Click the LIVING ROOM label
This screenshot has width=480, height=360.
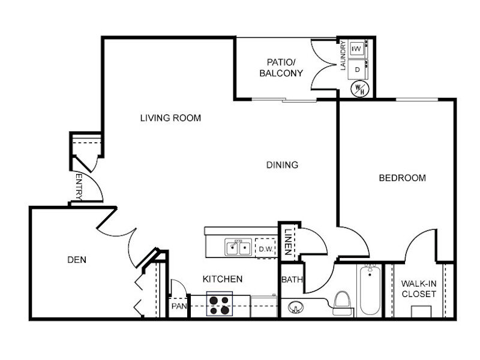(x=170, y=118)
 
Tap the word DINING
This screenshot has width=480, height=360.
(x=282, y=165)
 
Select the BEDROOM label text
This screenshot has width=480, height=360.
(x=402, y=178)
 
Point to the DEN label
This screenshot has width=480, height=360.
(x=77, y=260)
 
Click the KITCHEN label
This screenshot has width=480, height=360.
(x=223, y=279)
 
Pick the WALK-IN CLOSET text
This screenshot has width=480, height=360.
(x=419, y=289)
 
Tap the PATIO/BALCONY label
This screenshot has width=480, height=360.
(x=281, y=68)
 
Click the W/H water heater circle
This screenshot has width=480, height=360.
(x=359, y=89)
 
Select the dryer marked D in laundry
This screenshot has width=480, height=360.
(x=358, y=70)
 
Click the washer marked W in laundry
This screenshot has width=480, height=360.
(x=358, y=49)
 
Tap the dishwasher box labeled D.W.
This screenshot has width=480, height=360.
(x=266, y=248)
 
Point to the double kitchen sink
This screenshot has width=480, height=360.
(x=238, y=247)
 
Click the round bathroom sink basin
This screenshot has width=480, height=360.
(x=296, y=307)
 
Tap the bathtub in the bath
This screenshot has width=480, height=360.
(x=370, y=291)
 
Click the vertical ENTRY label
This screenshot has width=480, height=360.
(x=79, y=187)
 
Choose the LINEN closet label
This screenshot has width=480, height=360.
(x=288, y=242)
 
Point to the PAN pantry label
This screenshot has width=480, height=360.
(x=179, y=306)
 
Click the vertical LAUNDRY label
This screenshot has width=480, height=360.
(x=343, y=56)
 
